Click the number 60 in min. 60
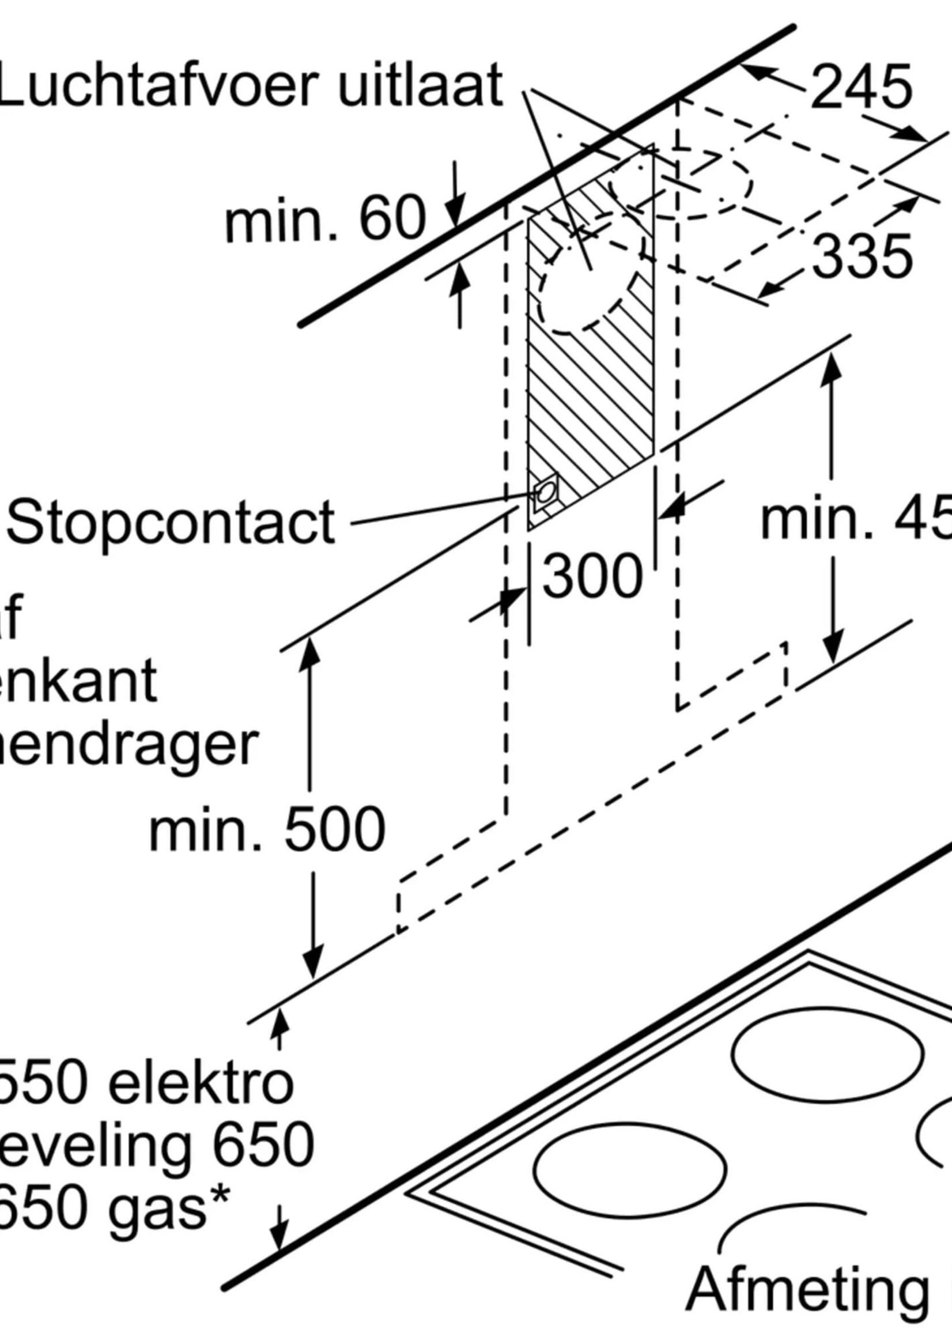[392, 220]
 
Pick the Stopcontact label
[170, 522]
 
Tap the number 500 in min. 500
[334, 829]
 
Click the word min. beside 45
[818, 520]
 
